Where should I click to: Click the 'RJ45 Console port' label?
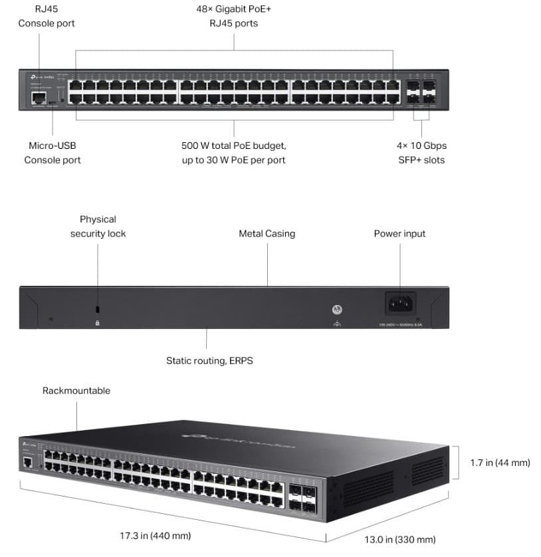point(46,17)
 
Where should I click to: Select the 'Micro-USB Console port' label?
point(53,152)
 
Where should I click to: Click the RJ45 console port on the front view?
point(38,98)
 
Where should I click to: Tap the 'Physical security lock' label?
point(98,226)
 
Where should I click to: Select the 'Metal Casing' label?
point(267,233)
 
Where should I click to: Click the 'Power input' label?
point(399,233)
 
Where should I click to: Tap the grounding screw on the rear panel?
point(337,310)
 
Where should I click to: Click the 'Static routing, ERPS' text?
point(209,360)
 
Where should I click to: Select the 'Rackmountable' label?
point(76,390)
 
